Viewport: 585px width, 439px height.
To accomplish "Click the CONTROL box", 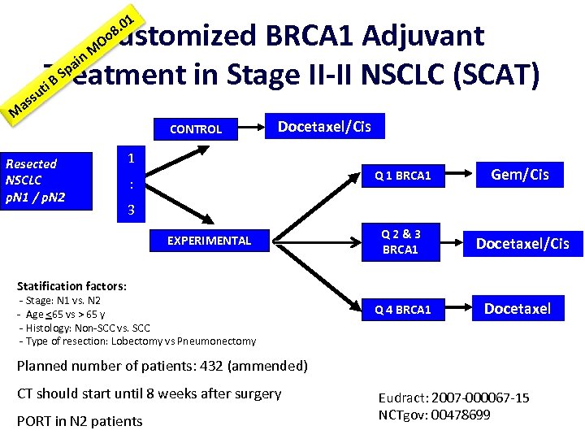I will pos(196,128).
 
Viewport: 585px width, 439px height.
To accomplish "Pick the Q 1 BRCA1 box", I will pos(402,176).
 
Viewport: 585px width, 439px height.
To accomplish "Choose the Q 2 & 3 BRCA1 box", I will pos(401,241).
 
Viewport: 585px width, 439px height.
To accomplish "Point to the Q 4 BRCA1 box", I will pos(402,309).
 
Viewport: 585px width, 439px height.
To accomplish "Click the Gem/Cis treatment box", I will pos(520,175).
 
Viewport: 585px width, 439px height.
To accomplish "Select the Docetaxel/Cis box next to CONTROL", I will pos(324,126).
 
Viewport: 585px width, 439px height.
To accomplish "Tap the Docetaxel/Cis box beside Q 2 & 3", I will pos(522,243).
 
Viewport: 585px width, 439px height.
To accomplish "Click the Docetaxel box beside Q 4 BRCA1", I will pos(518,308).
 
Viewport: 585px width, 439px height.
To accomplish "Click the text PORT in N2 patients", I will pos(80,420).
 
